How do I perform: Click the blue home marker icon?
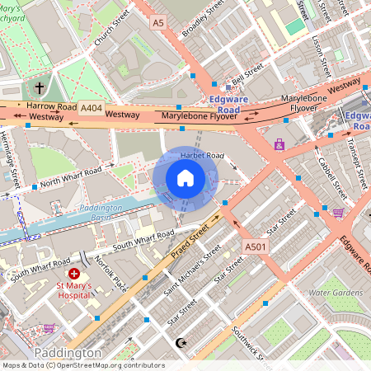(x=185, y=178)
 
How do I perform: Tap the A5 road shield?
(x=158, y=24)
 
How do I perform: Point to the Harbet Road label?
(x=202, y=156)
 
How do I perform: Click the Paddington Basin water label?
(x=106, y=210)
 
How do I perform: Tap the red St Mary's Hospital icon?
(x=75, y=273)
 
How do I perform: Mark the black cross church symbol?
(x=40, y=87)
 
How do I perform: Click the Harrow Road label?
(x=50, y=106)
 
